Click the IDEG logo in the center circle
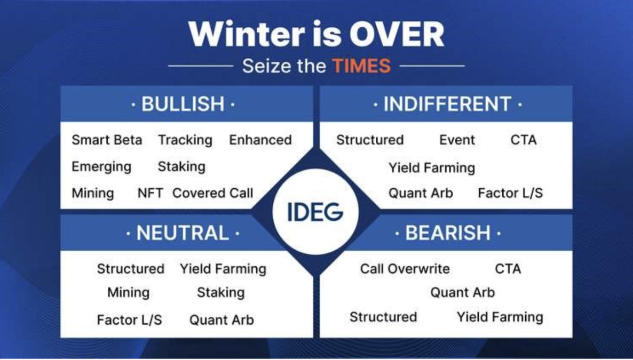point(315,212)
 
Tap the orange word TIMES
point(361,66)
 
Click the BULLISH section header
point(183,103)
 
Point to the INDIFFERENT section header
point(447,104)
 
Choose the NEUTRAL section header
point(183,233)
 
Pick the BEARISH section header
point(448,233)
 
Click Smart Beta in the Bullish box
point(107,140)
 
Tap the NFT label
point(150,193)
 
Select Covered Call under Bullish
point(213,193)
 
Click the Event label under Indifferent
point(457,140)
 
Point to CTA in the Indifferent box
point(524,140)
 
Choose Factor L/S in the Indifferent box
point(510,193)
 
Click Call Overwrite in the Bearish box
point(405,269)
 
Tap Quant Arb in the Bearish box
point(463,292)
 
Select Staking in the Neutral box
point(221,293)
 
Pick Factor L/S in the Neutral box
point(129,320)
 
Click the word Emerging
point(101,167)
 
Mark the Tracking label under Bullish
point(185,140)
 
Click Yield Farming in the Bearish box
point(500,317)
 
